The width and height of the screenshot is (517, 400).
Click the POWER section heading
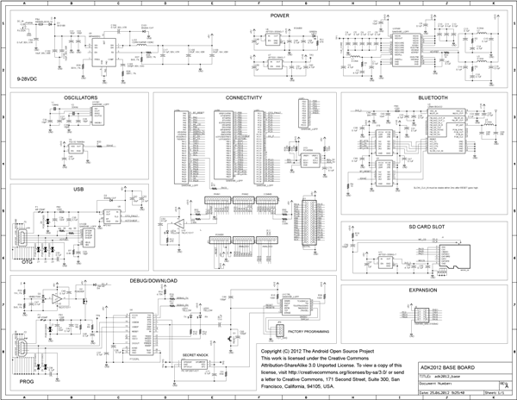[x=279, y=16]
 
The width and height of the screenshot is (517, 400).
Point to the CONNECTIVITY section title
[x=244, y=98]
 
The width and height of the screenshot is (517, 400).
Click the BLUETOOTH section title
[x=433, y=98]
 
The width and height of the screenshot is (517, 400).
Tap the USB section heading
[x=78, y=188]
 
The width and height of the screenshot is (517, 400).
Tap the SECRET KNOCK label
[x=197, y=353]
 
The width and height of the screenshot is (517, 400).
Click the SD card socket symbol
[x=457, y=257]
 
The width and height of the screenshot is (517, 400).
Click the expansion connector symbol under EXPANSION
[x=426, y=316]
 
